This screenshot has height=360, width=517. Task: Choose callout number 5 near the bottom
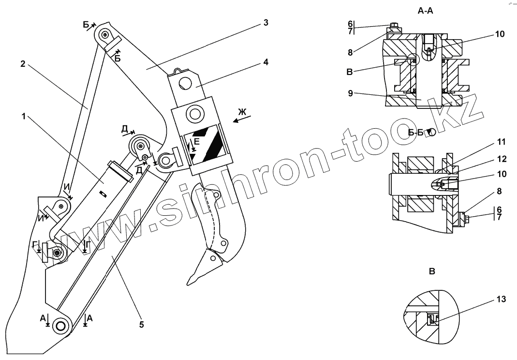[142, 325]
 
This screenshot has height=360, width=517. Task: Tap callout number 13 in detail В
[501, 300]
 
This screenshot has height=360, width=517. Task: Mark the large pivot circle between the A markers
[60, 325]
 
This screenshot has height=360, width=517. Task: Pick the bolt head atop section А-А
[393, 26]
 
